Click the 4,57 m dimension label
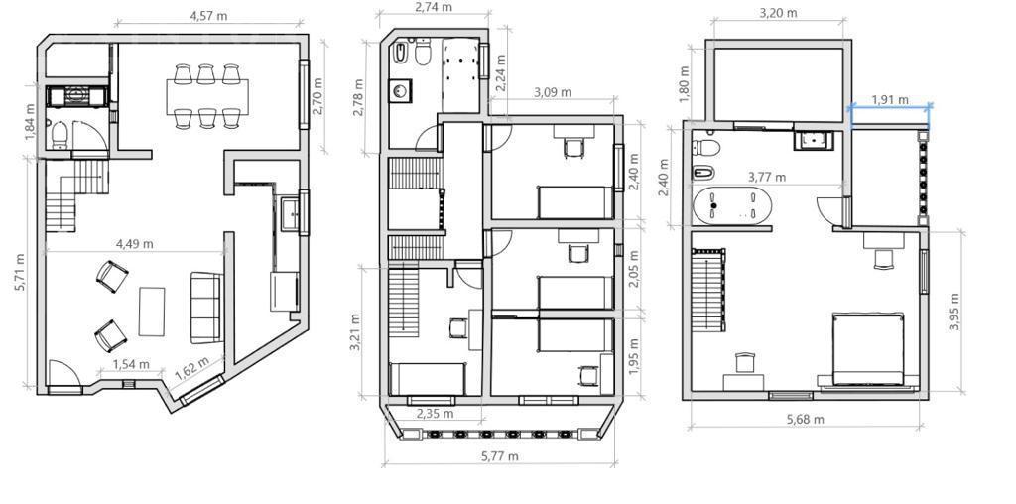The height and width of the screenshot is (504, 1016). (x=208, y=16)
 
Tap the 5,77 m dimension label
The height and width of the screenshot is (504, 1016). (x=500, y=456)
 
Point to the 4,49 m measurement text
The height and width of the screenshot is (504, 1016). (x=135, y=244)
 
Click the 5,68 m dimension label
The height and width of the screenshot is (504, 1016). (x=806, y=419)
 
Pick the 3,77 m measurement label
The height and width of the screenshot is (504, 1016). (x=767, y=177)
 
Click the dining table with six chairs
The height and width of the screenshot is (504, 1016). (x=207, y=96)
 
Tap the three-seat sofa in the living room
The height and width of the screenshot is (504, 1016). (x=206, y=308)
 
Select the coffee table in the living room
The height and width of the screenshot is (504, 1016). (x=152, y=312)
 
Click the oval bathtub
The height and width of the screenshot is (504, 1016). (x=732, y=205)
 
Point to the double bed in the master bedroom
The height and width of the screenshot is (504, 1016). (x=868, y=349)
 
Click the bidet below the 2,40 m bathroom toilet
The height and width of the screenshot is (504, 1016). (x=703, y=173)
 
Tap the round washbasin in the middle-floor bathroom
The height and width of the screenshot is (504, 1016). (x=401, y=90)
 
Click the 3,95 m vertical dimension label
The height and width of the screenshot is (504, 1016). (x=953, y=313)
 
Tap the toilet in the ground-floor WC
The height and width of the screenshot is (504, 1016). (x=59, y=135)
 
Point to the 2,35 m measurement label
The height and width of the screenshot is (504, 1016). (x=435, y=414)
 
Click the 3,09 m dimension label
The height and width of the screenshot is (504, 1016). (x=552, y=92)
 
